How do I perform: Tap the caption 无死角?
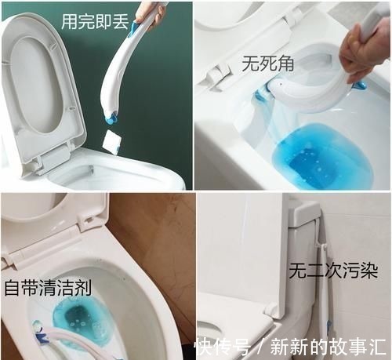[267, 64]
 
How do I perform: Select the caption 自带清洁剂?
[48, 287]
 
